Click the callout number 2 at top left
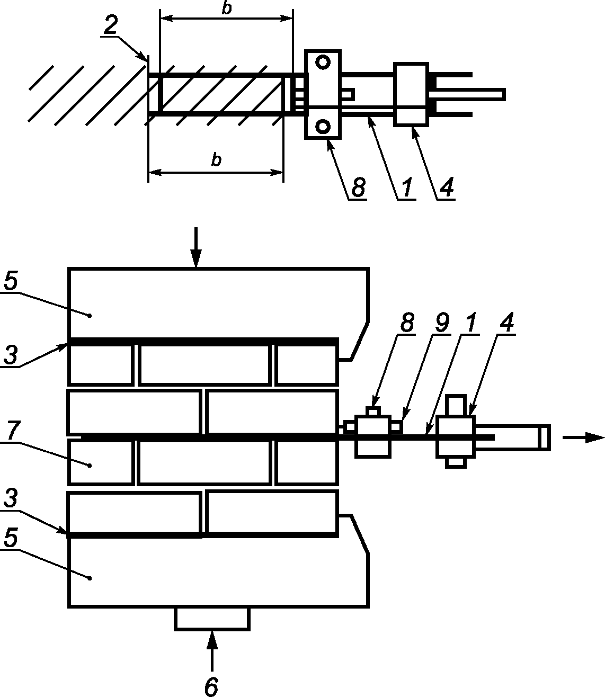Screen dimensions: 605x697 (111, 24)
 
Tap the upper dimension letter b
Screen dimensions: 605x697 (227, 8)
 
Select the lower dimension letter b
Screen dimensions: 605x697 (216, 159)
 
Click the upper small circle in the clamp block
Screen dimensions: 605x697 (323, 62)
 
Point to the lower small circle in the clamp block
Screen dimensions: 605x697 (323, 127)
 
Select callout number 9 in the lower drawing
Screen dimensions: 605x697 (442, 322)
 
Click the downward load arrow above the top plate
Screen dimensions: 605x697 (196, 247)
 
